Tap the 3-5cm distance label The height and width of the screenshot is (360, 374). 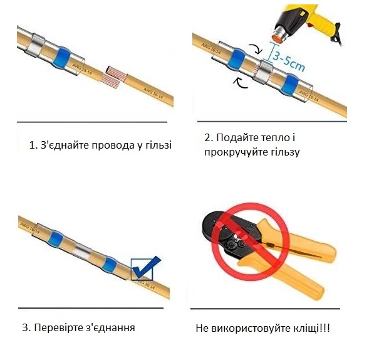(289, 60)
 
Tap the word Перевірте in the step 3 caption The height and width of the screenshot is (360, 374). (59, 327)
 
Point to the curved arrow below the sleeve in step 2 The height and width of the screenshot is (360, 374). (240, 83)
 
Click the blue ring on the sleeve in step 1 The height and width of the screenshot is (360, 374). (61, 58)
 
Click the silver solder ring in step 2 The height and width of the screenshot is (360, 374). (263, 73)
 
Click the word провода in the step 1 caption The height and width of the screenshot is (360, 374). (113, 145)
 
